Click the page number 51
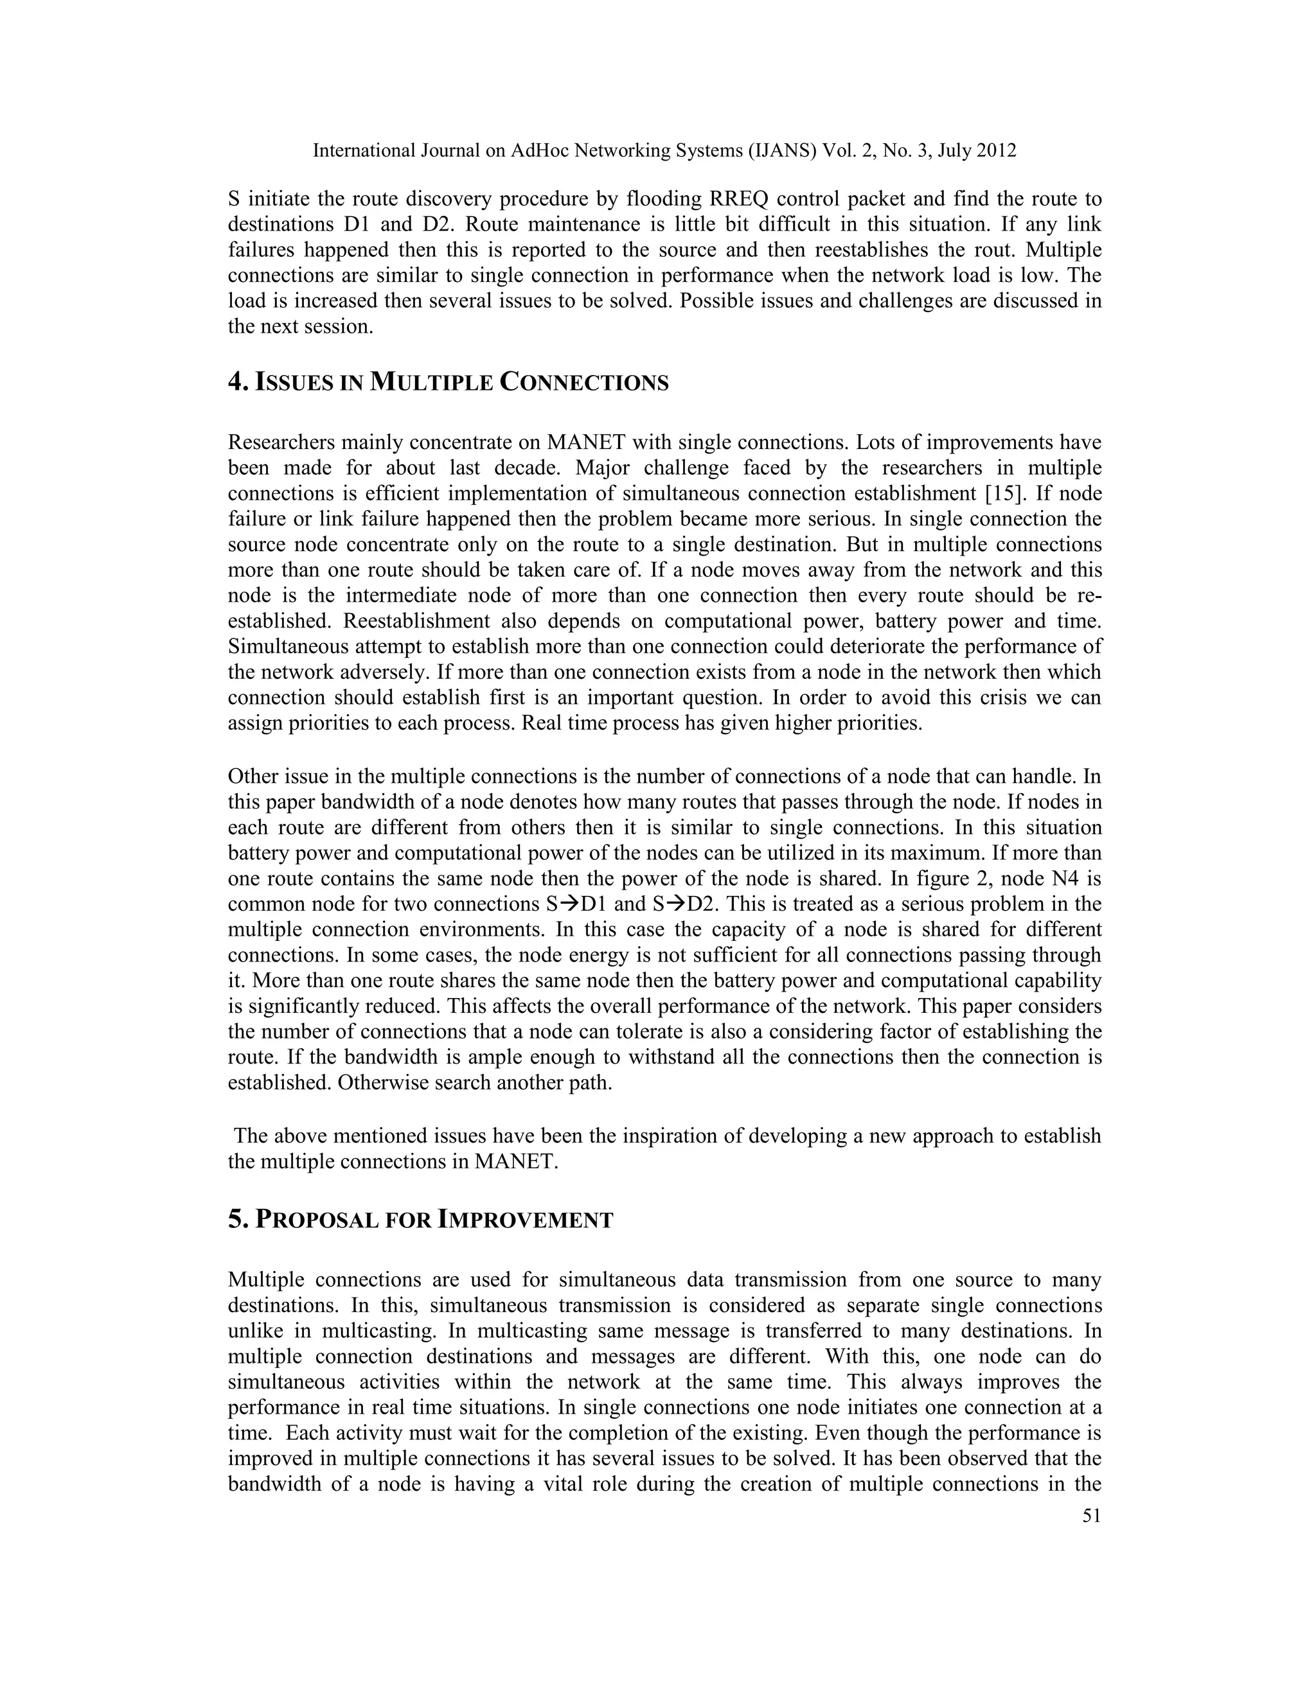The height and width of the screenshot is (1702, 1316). point(1092,1516)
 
